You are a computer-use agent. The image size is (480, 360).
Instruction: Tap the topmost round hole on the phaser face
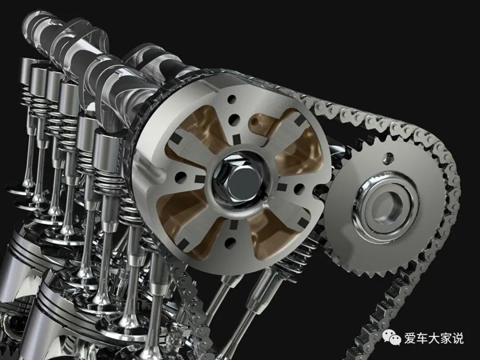click(x=232, y=100)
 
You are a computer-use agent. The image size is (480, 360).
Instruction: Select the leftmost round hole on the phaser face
click(x=180, y=178)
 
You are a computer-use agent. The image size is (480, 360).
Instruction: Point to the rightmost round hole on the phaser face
click(x=300, y=189)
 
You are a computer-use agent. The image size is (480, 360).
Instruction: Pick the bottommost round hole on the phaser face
click(x=230, y=243)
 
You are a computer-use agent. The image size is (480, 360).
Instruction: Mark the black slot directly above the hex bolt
click(x=236, y=139)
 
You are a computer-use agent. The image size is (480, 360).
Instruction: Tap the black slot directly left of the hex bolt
click(x=200, y=179)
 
